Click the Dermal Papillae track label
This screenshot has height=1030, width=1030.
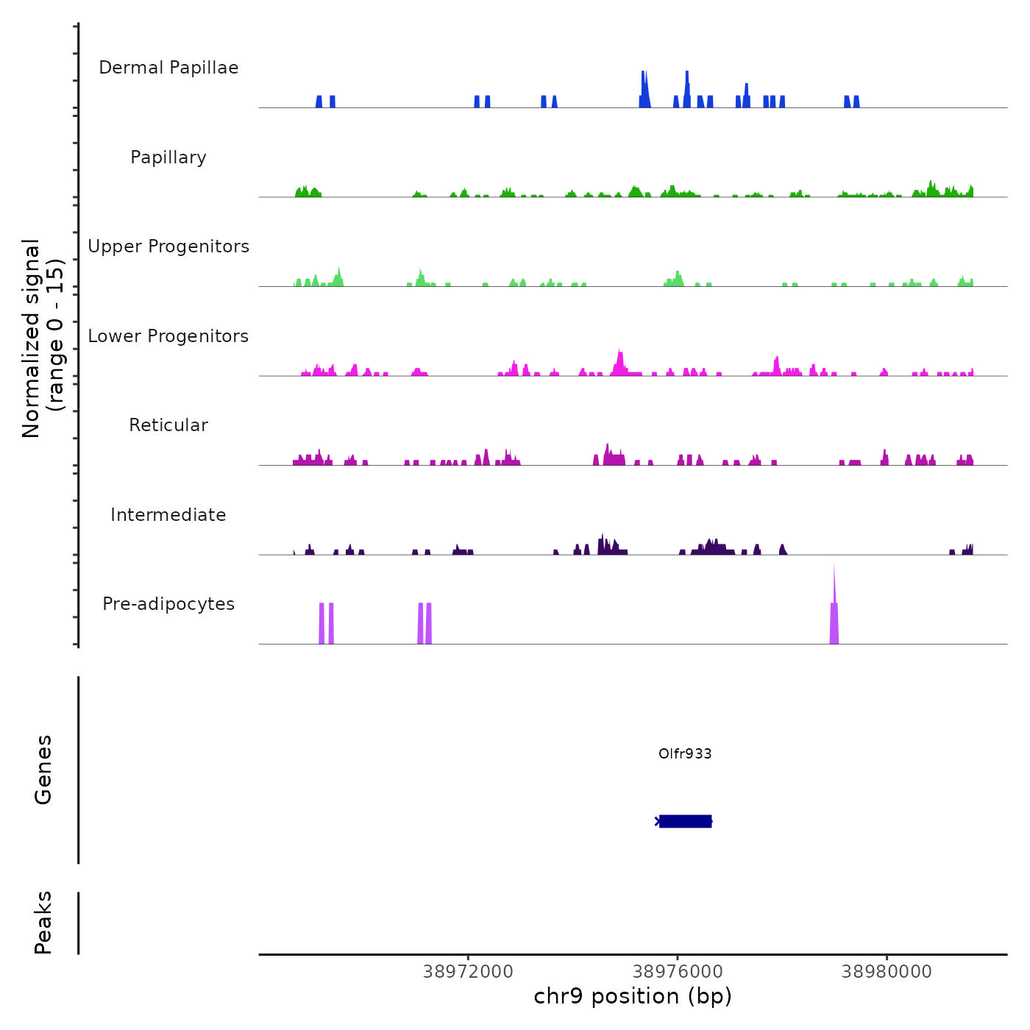pos(168,68)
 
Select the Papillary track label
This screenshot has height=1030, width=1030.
pos(168,157)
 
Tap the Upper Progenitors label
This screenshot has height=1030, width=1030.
pos(168,246)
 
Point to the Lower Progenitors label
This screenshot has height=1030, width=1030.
pos(168,336)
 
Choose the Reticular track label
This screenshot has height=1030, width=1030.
pos(168,425)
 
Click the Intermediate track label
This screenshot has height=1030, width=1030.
pos(168,515)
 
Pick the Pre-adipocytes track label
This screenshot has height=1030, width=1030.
pos(168,604)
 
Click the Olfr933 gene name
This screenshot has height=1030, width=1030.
pos(685,753)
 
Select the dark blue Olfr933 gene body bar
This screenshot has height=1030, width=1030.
pos(685,821)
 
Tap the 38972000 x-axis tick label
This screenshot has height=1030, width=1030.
pos(468,972)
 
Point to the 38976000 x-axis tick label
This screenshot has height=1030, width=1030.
pos(678,972)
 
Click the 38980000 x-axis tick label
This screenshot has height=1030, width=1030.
pos(887,972)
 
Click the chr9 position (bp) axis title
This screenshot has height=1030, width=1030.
pos(633,997)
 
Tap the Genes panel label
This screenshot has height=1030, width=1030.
pos(43,770)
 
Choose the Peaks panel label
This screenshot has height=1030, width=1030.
pos(43,923)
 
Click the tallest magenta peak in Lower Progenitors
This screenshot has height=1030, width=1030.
pos(620,358)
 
